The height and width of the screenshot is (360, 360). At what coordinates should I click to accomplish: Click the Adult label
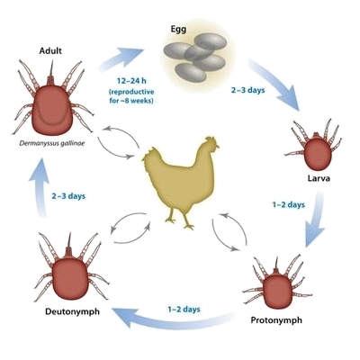point(50,50)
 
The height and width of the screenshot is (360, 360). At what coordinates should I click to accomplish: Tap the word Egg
point(178,30)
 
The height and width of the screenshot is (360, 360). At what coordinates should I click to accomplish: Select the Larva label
point(319,178)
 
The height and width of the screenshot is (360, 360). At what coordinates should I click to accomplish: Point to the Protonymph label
point(276,320)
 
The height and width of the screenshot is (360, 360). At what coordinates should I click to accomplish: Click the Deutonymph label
point(72,311)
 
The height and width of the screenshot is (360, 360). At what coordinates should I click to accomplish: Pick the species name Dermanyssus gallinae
point(52,143)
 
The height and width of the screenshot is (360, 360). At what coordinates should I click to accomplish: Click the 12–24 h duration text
point(131,81)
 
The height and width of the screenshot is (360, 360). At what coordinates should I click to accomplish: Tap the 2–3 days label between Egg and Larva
point(248,90)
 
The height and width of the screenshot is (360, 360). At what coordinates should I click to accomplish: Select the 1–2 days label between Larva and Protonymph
point(288,205)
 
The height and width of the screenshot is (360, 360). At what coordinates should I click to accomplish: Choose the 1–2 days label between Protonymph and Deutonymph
point(184,310)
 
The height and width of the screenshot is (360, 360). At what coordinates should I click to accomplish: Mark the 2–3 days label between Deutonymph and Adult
point(68,196)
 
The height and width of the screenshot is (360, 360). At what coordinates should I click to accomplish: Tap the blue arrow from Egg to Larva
point(275,84)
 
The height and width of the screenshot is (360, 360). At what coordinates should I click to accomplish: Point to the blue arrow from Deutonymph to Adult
point(40,186)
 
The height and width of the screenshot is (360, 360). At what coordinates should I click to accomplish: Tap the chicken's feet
point(180,223)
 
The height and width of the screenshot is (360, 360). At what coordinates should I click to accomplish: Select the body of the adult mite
point(53,110)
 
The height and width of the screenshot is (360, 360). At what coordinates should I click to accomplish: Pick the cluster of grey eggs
point(194,57)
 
